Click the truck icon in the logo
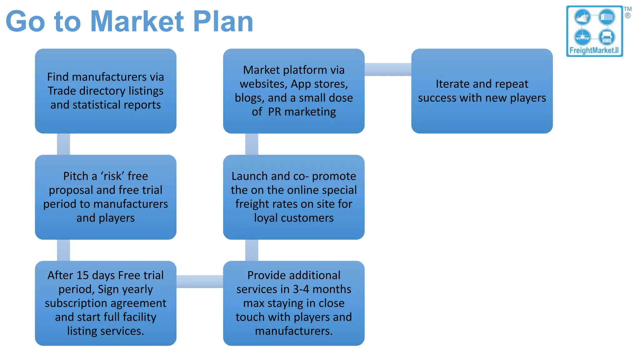click(607, 37)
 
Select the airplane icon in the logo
click(582, 37)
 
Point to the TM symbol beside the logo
click(627, 9)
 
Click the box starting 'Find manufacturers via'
click(106, 91)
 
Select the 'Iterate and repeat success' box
click(482, 91)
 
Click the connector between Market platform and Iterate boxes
click(388, 69)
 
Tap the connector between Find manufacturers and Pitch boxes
click(63, 144)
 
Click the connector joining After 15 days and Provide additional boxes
click(200, 281)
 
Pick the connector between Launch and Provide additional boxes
click(252, 250)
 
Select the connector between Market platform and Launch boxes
click(252, 144)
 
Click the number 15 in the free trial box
click(83, 275)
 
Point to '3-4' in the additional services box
click(301, 289)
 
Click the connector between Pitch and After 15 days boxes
click(63, 250)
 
